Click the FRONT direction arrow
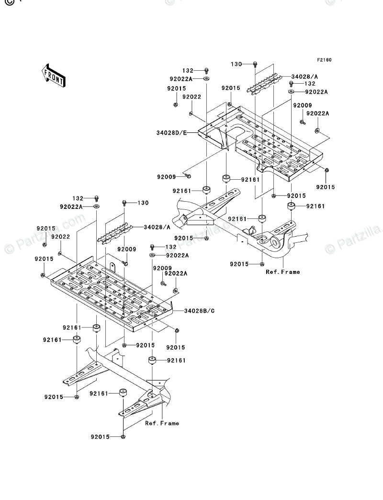pos(53,75)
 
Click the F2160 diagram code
pos(324,60)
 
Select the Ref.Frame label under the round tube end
pos(283,272)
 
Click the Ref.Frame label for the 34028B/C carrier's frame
pos(162,423)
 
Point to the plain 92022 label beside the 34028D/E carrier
pos(191,97)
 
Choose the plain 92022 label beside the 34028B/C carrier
pos(61,237)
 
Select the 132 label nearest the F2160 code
pos(309,83)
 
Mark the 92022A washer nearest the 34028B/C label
pos(176,291)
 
